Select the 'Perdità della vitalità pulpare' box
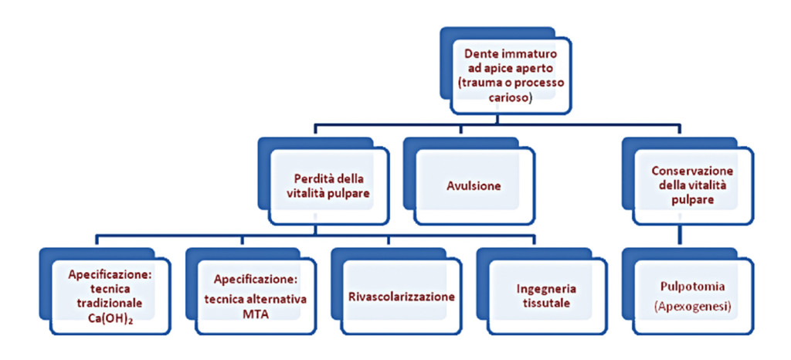[325, 185]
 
